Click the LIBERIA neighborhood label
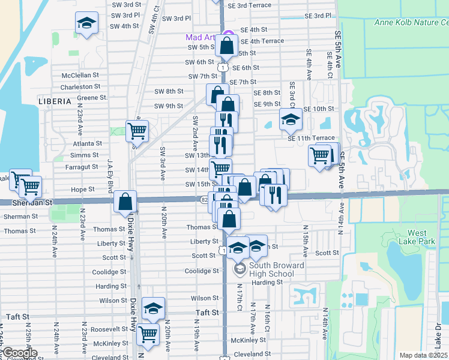click(x=55, y=101)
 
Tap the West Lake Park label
click(x=409, y=237)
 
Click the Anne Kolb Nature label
click(x=411, y=23)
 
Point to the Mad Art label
click(x=200, y=37)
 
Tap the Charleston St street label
click(x=80, y=87)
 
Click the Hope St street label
click(x=83, y=189)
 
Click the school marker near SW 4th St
click(x=87, y=24)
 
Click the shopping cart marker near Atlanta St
click(x=137, y=130)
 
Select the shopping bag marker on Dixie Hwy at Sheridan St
click(x=125, y=202)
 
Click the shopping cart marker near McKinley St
click(x=148, y=334)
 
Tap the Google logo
click(x=19, y=353)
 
